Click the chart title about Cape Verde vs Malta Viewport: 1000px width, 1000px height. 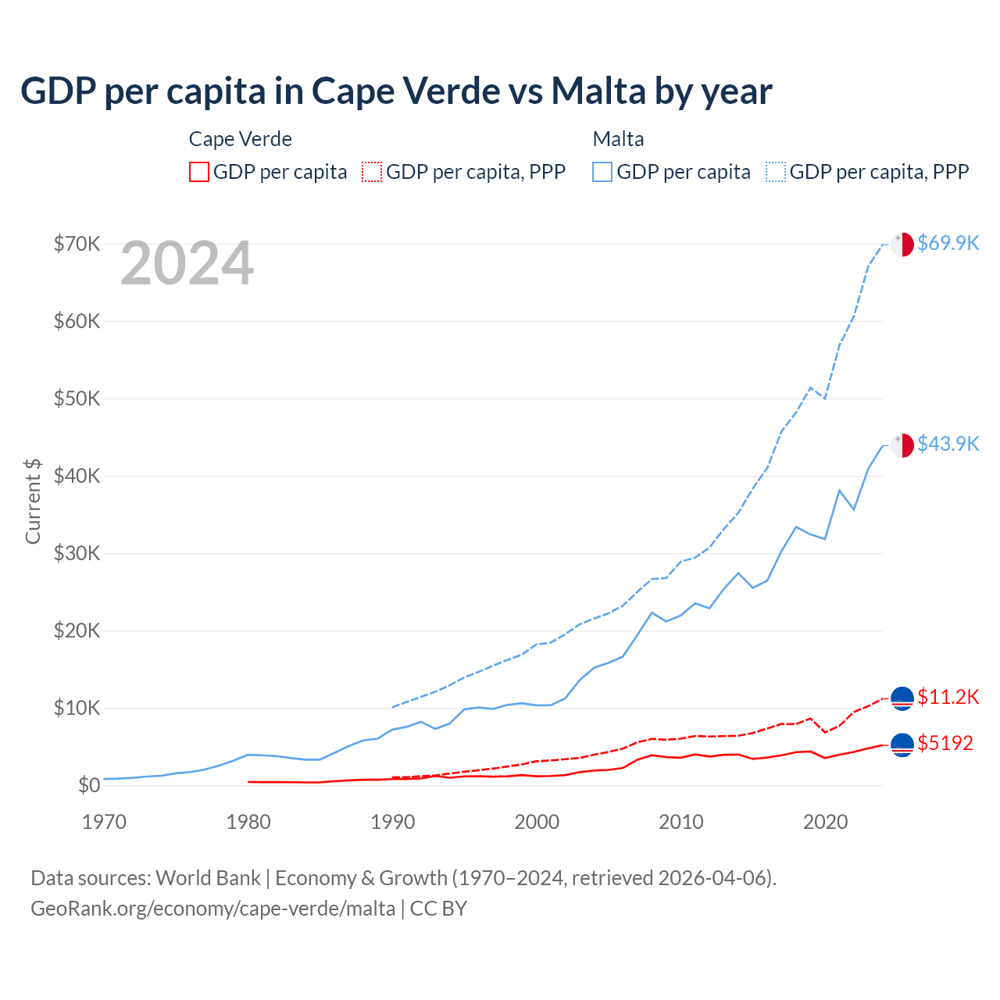tap(396, 91)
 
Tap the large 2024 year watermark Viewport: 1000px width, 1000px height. tap(187, 263)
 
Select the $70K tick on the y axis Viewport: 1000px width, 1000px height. tap(77, 244)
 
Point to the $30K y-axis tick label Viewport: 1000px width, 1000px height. tap(77, 553)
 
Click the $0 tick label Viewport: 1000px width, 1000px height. tap(89, 785)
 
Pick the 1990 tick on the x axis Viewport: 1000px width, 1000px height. tap(393, 822)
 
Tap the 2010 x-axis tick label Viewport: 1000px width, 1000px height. tap(681, 822)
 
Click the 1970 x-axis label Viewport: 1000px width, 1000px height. tap(105, 822)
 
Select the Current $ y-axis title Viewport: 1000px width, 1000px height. tap(33, 501)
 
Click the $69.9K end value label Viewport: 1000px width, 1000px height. tap(948, 243)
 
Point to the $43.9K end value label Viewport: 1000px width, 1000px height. tap(948, 444)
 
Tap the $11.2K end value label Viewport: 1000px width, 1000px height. tap(948, 697)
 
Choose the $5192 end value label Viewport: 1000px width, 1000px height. tap(945, 743)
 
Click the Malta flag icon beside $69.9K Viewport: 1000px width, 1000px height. tap(902, 244)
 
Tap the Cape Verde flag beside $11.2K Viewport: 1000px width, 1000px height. tap(902, 698)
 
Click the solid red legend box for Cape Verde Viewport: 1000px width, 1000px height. tap(199, 172)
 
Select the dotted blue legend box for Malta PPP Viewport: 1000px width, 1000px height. tap(776, 172)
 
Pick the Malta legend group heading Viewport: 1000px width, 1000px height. tap(619, 139)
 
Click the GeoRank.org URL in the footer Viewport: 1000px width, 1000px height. tap(213, 909)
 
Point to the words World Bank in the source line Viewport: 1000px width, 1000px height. tap(208, 878)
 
